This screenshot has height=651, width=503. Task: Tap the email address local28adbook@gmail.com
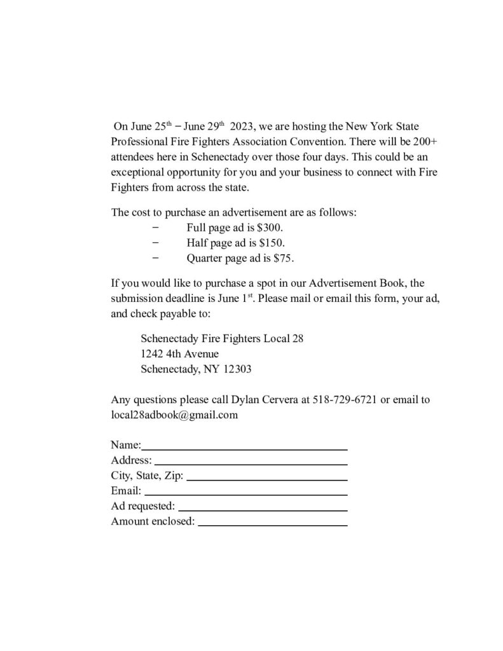tap(174, 415)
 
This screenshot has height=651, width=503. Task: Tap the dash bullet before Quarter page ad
tap(155, 259)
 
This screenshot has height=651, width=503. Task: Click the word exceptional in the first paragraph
tap(136, 172)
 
